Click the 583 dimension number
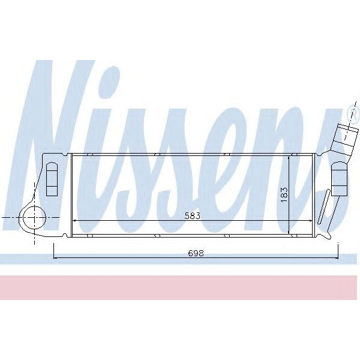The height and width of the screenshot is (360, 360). click(192, 215)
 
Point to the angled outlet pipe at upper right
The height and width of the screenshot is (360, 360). click(343, 137)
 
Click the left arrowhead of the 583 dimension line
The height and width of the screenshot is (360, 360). click(74, 221)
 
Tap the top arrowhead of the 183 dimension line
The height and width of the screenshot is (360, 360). click(290, 156)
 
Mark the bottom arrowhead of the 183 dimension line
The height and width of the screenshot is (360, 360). click(290, 232)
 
